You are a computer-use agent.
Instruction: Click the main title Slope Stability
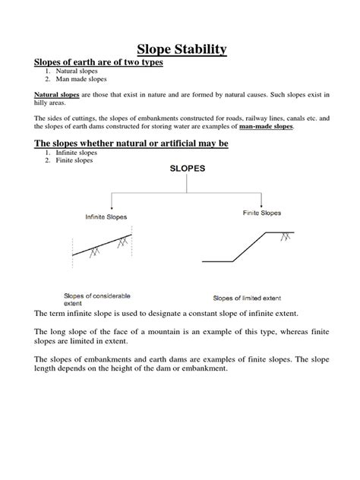[180, 50]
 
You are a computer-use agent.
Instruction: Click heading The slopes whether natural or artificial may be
[131, 144]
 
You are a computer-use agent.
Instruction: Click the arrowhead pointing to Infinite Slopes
[113, 207]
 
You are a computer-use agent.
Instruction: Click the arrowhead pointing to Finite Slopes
[262, 205]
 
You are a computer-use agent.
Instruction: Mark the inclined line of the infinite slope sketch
[103, 244]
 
